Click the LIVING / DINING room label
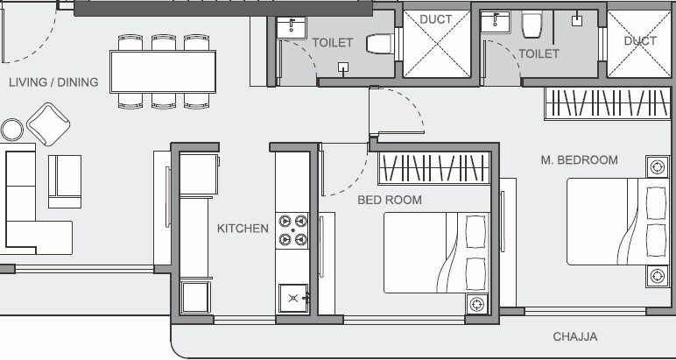coord(53,83)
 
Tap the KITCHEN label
coord(243,229)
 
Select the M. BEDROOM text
coord(579,160)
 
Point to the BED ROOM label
coord(390,201)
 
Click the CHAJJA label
coord(575,336)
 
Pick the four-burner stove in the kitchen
coord(292,229)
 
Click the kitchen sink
coord(292,299)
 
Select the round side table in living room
coord(12,131)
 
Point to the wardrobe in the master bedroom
coord(600,105)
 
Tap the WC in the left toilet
coord(377,43)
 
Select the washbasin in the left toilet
coord(288,27)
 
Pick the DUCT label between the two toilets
coord(435,19)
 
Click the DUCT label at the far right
coord(640,41)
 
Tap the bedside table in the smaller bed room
coord(476,305)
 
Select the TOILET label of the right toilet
coord(539,54)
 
